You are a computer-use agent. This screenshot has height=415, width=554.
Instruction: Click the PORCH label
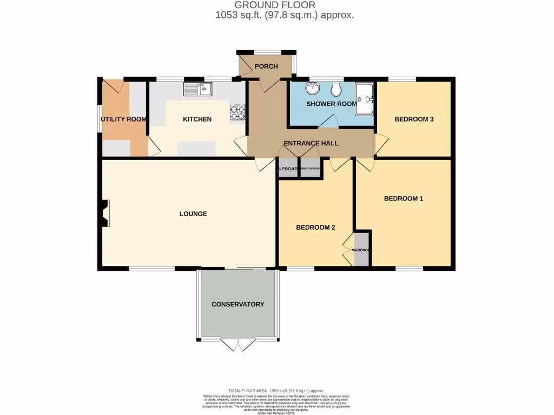(x=266, y=66)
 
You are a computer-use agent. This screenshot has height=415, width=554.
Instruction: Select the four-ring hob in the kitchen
(x=238, y=112)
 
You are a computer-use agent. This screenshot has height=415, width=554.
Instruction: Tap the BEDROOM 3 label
(x=414, y=119)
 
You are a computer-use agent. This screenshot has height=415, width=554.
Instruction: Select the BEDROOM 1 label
(x=403, y=199)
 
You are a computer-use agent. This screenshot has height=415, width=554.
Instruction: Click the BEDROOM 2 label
(x=315, y=227)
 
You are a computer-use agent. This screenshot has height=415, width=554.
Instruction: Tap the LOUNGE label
(x=193, y=214)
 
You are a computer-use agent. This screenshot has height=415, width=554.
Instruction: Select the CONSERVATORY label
(x=238, y=304)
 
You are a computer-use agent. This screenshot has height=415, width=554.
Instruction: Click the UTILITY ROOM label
(x=123, y=119)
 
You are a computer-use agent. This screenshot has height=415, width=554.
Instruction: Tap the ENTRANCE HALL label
(x=311, y=143)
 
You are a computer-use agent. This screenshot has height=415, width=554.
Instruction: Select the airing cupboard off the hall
(x=310, y=169)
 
